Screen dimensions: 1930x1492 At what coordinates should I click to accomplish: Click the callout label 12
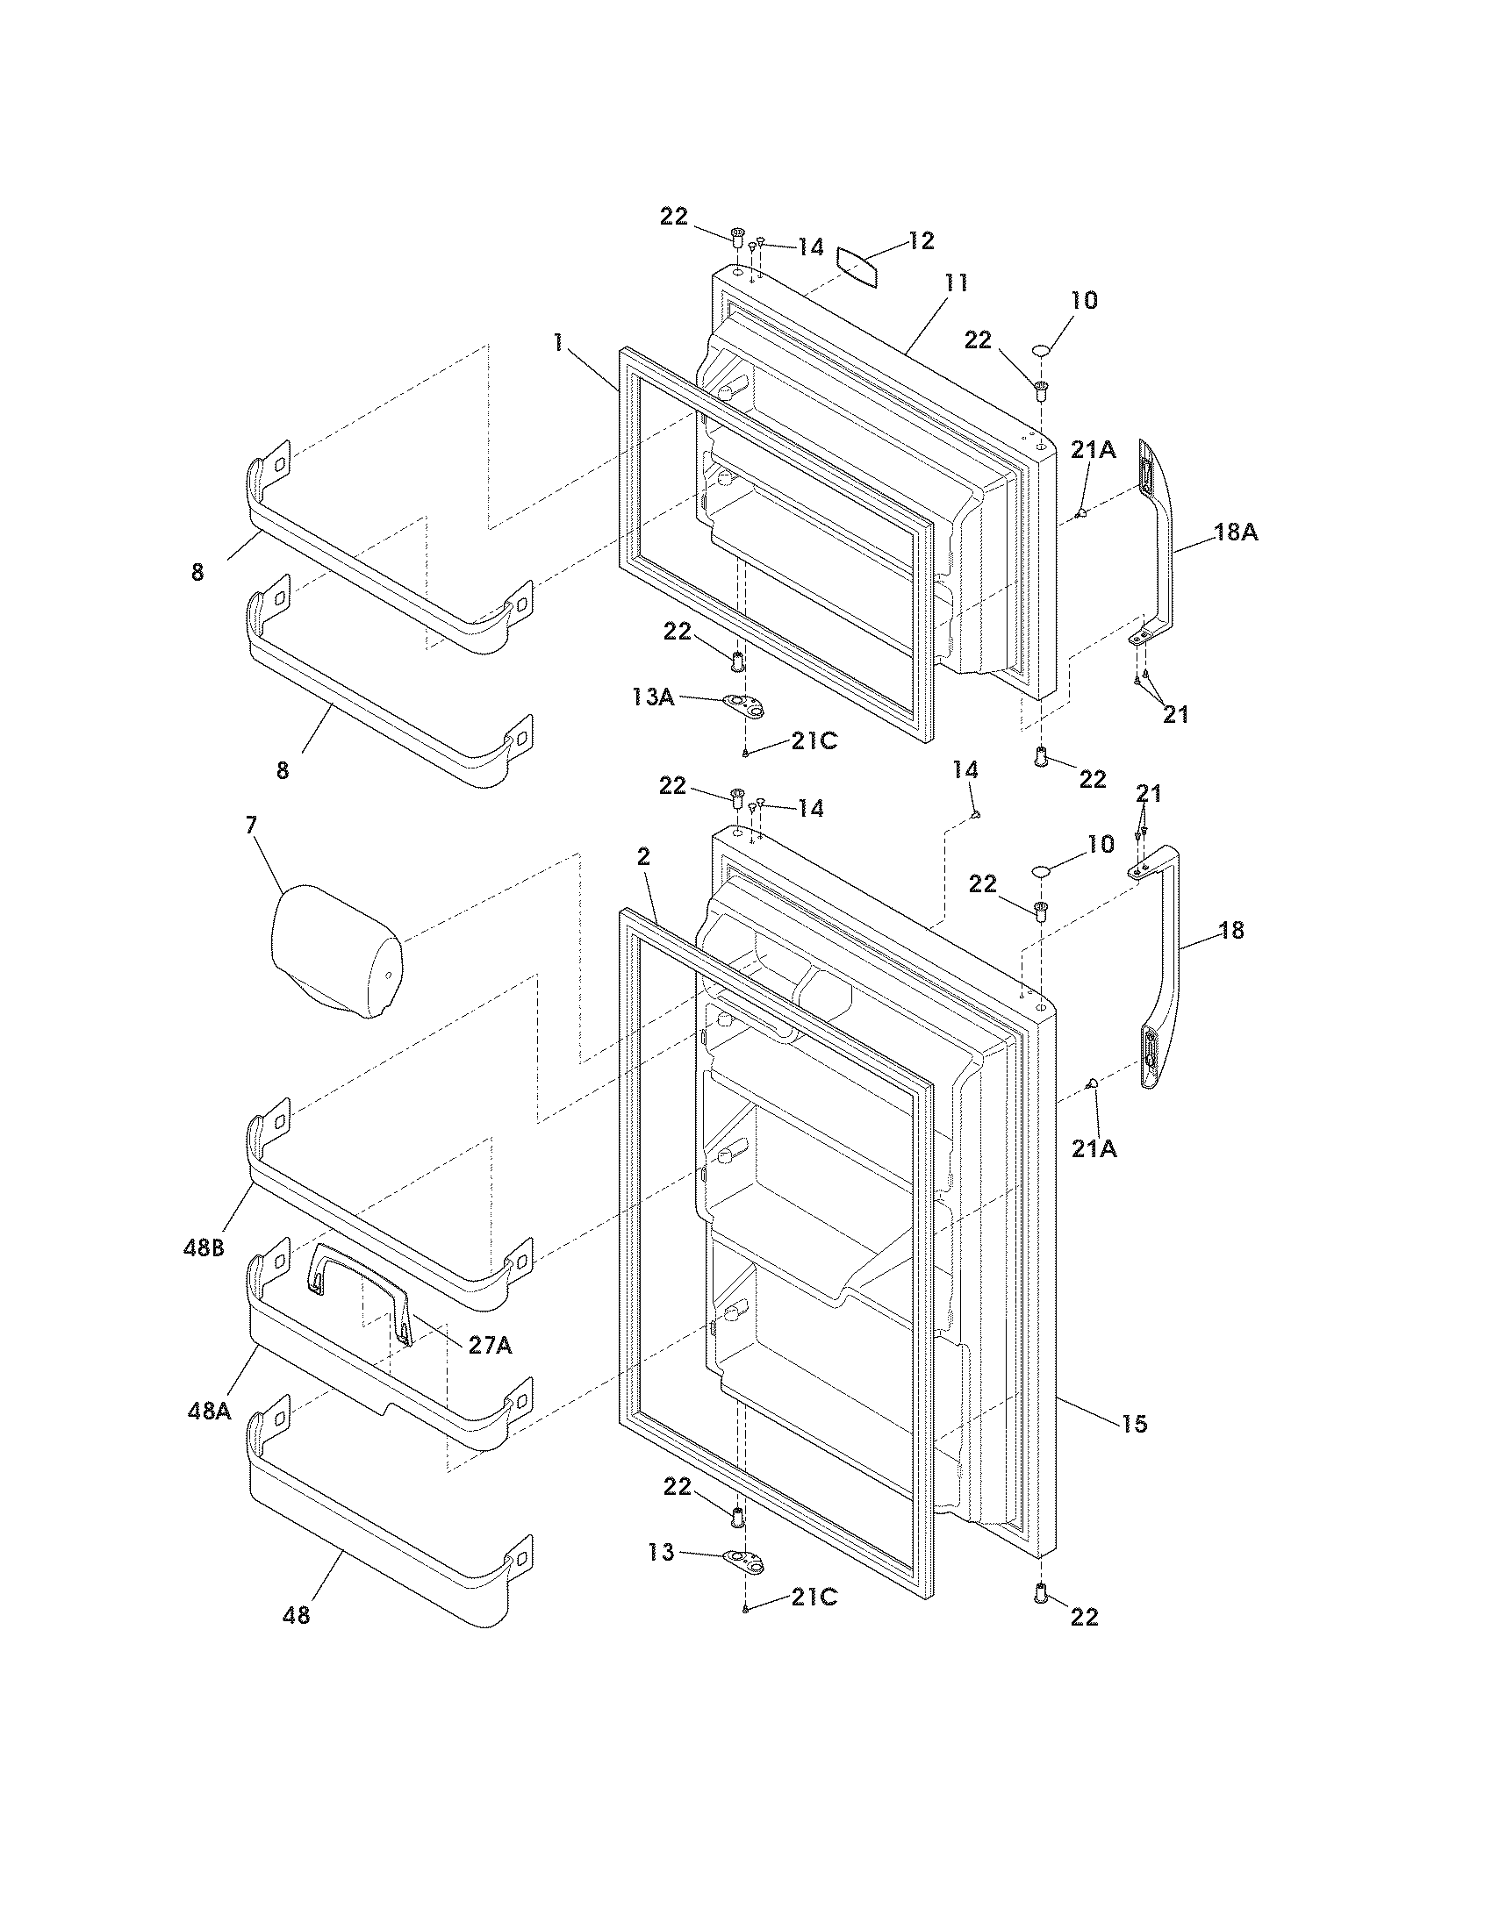[921, 240]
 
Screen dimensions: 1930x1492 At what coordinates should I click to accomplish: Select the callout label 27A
[490, 1345]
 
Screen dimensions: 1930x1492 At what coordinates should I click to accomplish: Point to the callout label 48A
[210, 1411]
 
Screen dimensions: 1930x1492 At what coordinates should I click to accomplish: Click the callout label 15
[1134, 1423]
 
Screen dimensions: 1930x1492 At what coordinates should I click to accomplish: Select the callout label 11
[956, 283]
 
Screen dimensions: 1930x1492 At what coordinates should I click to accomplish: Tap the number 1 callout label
[557, 343]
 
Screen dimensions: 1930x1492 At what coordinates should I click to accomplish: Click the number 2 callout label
[642, 855]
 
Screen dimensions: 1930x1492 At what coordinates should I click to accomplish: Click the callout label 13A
[653, 697]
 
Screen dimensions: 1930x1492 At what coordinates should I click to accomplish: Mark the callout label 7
[251, 826]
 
